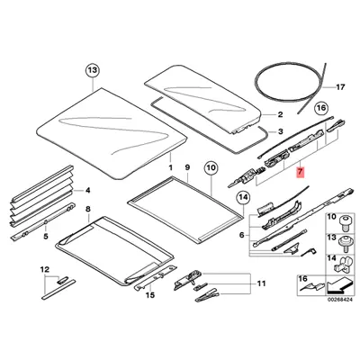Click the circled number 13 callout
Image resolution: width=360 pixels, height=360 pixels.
tap(92, 70)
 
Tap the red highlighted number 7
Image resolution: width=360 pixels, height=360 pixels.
tap(301, 172)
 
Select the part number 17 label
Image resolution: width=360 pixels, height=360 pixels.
tap(340, 87)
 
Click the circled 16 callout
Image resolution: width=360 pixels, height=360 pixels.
tap(321, 108)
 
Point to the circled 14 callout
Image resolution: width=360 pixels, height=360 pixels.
tap(243, 197)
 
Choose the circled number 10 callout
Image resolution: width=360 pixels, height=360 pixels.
tap(211, 168)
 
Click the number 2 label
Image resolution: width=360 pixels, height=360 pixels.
tap(280, 114)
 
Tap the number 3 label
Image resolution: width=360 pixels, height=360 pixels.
tap(280, 131)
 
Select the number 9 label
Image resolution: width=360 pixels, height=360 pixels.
tap(187, 167)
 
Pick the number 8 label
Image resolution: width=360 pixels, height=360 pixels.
tap(88, 209)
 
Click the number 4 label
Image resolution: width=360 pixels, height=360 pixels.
tap(87, 190)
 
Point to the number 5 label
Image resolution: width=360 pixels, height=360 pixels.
tap(46, 237)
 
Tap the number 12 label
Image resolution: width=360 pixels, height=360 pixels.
tap(45, 269)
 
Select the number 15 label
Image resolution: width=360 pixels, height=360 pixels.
tap(150, 295)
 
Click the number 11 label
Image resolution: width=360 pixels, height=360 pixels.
tap(261, 283)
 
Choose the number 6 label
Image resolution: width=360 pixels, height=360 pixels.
tap(242, 236)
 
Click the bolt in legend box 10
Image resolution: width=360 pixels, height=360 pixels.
tap(344, 223)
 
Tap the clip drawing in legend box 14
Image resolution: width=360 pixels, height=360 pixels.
tap(342, 264)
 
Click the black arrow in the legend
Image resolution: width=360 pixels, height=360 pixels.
tap(337, 285)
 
